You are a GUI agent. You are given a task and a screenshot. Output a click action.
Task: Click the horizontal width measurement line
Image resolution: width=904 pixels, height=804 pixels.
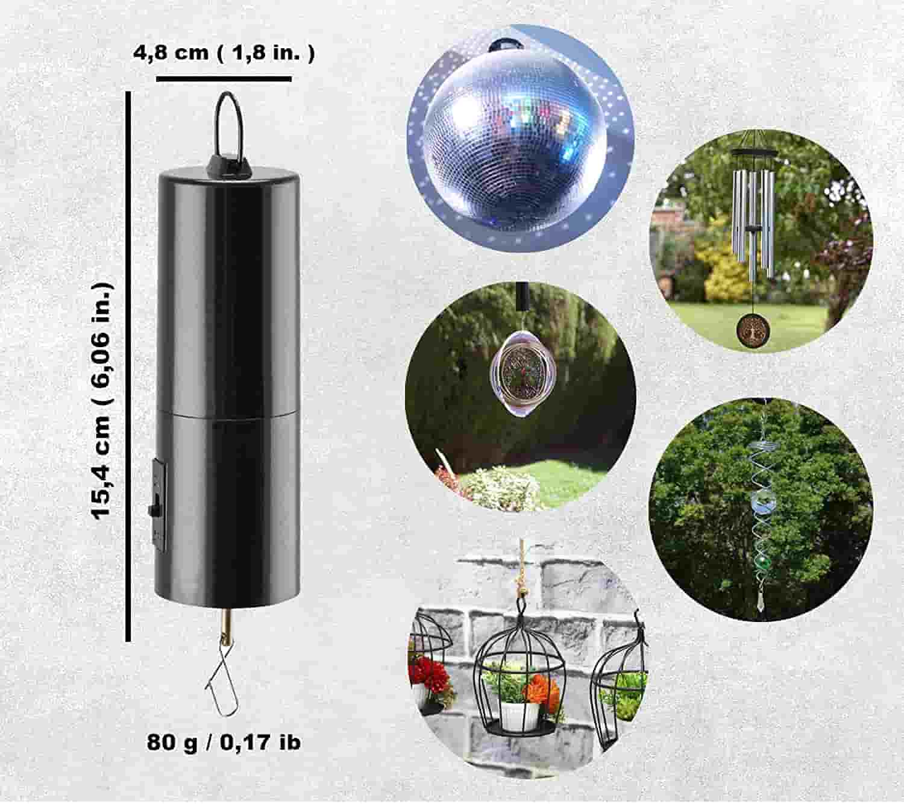(x=224, y=79)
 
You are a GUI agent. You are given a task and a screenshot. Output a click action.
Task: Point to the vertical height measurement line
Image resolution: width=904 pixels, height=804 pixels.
(x=128, y=366)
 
